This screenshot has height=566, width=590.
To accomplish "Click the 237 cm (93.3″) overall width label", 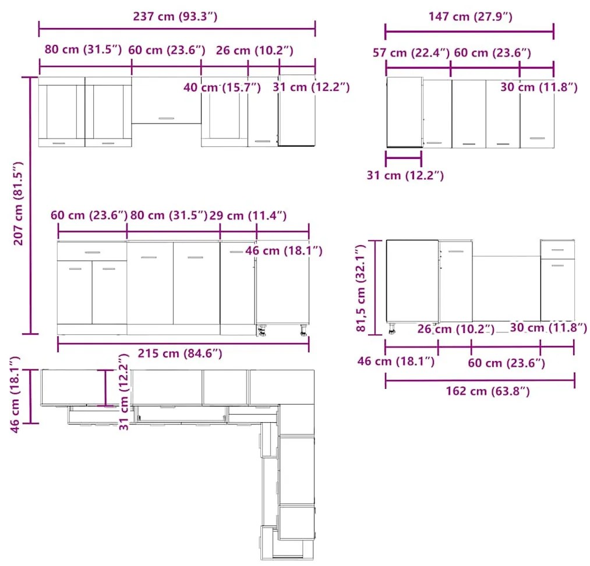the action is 175,16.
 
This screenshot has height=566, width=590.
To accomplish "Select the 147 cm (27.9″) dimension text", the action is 471,16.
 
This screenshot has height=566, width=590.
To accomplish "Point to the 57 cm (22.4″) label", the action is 411,52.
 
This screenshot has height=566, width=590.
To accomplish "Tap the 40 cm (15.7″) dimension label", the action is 222,87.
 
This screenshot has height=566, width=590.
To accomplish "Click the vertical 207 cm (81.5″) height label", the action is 19,203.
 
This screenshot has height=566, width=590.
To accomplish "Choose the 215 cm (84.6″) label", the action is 180,353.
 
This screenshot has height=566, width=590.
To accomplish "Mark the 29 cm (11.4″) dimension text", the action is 248,215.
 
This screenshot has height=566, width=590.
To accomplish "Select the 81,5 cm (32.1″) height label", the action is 361,288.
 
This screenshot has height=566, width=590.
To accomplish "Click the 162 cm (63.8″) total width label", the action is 487,391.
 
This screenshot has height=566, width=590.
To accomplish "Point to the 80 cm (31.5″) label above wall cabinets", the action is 83,49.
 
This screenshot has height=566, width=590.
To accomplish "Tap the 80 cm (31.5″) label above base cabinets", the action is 168,215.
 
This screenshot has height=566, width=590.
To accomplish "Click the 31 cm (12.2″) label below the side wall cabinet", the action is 405,175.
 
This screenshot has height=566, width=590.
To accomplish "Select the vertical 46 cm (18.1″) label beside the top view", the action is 15,394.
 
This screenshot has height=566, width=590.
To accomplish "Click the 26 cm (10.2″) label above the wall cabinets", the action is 255,51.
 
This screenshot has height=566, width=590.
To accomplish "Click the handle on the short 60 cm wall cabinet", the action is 166,118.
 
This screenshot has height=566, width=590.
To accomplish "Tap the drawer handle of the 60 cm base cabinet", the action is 93,252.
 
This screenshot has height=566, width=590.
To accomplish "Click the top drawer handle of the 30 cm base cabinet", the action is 557,250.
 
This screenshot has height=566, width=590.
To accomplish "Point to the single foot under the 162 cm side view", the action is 392,328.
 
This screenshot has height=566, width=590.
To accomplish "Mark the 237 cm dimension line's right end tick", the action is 315,29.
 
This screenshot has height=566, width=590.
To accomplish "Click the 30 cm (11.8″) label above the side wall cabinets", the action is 539,87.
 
